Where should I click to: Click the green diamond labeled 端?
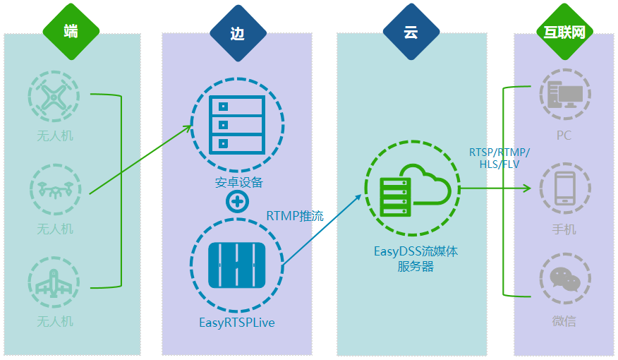click(71, 32)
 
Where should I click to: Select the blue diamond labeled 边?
click(238, 33)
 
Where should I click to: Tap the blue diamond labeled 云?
click(411, 32)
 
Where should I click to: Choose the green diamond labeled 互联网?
click(565, 32)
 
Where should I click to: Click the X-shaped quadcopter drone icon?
click(54, 96)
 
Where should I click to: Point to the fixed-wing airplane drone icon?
click(54, 282)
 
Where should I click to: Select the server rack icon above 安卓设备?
click(237, 125)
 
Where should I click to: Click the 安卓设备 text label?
click(239, 183)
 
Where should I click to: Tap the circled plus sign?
click(237, 202)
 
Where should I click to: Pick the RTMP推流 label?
click(295, 216)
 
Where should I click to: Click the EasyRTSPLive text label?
click(237, 323)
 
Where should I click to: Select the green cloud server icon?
click(412, 188)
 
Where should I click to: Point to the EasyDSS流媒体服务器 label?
click(416, 258)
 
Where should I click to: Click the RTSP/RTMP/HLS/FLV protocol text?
click(499, 158)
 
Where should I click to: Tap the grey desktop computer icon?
click(565, 95)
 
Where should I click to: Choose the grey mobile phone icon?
click(565, 188)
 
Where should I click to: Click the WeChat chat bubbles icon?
click(565, 278)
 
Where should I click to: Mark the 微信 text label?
click(564, 321)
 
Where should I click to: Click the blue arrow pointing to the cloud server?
click(322, 229)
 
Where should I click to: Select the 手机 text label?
click(564, 229)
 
